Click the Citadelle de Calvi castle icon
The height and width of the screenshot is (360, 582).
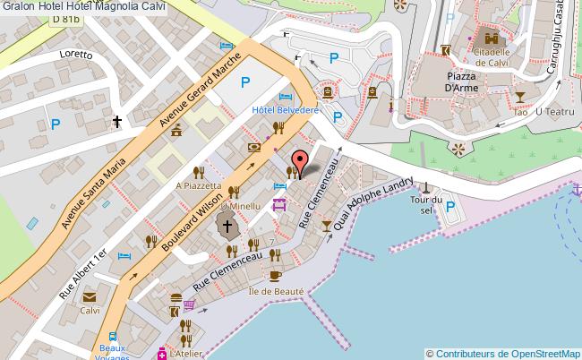tap(491, 38)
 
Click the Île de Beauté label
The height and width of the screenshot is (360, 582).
tap(278, 291)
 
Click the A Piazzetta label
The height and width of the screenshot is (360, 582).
tap(197, 185)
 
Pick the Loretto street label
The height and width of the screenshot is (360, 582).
tap(76, 55)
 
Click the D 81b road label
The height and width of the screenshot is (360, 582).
tap(65, 19)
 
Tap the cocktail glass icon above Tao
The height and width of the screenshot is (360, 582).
tap(518, 96)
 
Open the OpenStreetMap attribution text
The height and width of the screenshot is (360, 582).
tap(502, 353)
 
